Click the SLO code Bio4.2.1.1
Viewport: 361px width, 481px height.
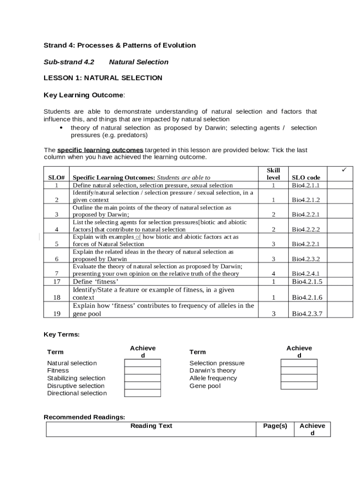[306, 186]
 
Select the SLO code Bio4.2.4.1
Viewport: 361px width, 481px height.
[306, 274]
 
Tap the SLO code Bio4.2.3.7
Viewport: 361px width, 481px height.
[307, 314]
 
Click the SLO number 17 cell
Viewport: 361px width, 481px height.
[57, 282]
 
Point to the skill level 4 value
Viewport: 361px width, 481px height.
[273, 274]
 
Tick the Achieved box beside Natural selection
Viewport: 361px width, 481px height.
[142, 363]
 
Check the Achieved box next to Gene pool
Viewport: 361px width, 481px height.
[299, 386]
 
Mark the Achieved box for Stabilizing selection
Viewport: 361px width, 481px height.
[142, 378]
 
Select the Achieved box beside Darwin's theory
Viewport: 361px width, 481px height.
[299, 371]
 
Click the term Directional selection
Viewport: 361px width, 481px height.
[77, 393]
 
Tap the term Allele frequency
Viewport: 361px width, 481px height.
[213, 378]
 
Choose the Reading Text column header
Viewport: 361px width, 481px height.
[151, 426]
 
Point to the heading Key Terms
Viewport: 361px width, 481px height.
[61, 334]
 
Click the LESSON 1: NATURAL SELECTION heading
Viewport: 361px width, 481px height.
[103, 78]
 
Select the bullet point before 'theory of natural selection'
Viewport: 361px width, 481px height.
[61, 128]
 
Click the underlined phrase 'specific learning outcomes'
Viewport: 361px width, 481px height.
[100, 150]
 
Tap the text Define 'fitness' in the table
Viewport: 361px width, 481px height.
[96, 282]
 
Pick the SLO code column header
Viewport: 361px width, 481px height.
[306, 178]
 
